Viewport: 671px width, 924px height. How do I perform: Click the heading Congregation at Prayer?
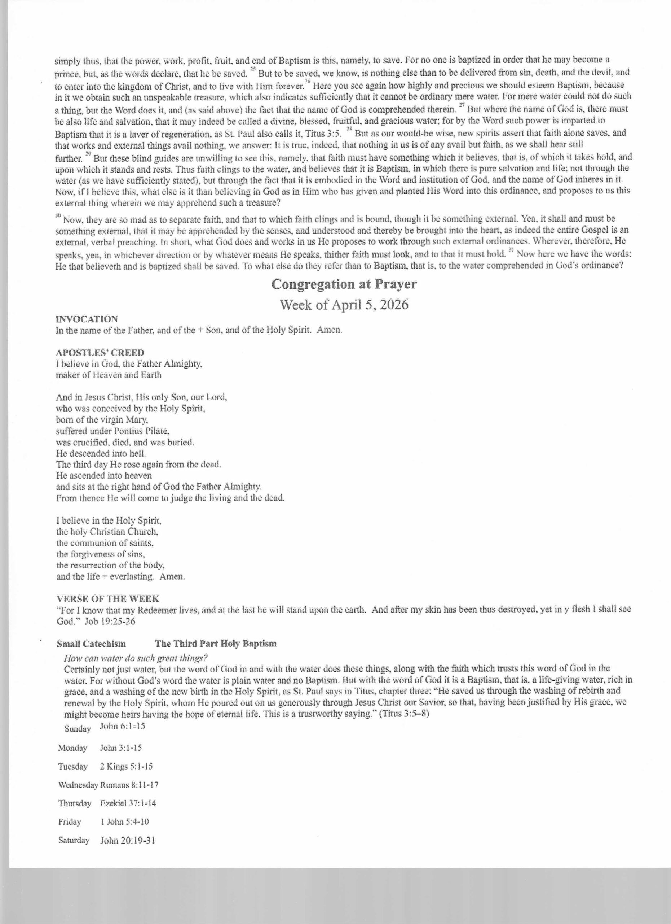tap(344, 284)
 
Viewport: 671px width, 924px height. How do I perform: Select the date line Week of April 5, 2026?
tap(344, 305)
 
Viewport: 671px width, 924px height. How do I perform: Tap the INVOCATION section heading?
tap(87, 319)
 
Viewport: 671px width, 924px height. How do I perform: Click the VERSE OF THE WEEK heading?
tap(108, 598)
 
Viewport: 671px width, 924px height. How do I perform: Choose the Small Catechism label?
tap(91, 644)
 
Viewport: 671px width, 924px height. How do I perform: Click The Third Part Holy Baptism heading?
tap(216, 644)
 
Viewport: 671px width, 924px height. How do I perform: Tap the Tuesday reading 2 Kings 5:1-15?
tap(126, 766)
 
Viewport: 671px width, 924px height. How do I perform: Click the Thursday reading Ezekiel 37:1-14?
tap(128, 803)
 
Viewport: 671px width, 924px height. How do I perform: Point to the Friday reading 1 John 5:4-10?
tap(124, 822)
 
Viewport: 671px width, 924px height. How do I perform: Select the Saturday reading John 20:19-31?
tap(127, 841)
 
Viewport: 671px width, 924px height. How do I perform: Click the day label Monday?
tap(72, 748)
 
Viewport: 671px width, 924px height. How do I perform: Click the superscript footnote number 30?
tap(58, 215)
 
